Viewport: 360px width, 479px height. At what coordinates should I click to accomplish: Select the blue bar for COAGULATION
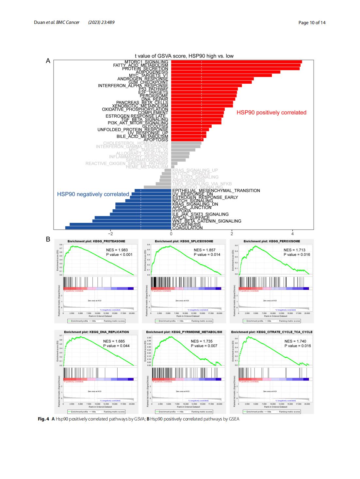[118, 228]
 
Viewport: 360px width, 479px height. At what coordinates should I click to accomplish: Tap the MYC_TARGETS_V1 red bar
[221, 76]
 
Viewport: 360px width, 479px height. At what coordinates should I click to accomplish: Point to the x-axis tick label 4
[292, 234]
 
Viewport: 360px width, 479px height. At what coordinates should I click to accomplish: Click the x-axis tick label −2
[110, 234]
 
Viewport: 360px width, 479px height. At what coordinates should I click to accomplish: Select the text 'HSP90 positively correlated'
[271, 112]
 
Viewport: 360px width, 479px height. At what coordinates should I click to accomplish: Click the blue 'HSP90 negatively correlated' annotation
[93, 194]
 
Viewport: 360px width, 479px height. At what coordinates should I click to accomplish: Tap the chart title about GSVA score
[184, 56]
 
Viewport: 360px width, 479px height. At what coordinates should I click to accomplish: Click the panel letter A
[48, 61]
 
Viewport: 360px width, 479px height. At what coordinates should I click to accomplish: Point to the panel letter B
[48, 239]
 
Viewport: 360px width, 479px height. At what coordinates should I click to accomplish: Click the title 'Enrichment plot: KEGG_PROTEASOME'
[96, 241]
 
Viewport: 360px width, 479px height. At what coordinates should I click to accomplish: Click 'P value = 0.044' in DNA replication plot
[116, 346]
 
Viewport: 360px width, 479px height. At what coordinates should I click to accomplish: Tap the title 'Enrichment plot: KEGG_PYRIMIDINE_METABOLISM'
[184, 332]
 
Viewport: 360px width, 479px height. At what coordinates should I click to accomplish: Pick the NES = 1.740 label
[295, 341]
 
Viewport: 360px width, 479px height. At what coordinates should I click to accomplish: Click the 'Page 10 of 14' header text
[312, 23]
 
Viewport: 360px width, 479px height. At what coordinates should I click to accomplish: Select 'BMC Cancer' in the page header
[68, 23]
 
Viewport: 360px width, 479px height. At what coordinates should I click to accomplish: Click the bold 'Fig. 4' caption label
[43, 419]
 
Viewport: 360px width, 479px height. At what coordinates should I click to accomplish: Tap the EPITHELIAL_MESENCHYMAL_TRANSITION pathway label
[216, 191]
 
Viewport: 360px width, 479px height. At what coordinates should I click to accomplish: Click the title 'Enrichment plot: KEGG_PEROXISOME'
[272, 241]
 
